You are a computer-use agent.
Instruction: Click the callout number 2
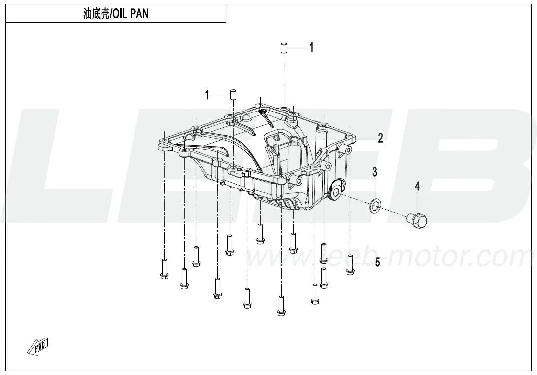pyautogui.click(x=380, y=138)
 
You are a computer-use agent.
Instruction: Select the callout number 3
pyautogui.click(x=375, y=172)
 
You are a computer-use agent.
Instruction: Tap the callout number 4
pyautogui.click(x=417, y=187)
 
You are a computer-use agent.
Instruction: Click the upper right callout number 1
pyautogui.click(x=311, y=47)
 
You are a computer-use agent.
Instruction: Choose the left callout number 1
pyautogui.click(x=207, y=95)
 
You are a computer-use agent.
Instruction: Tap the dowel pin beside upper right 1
pyautogui.click(x=284, y=48)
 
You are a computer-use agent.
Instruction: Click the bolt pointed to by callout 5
pyautogui.click(x=350, y=264)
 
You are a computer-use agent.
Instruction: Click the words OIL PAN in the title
pyautogui.click(x=131, y=14)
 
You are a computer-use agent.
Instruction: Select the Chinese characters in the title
pyautogui.click(x=96, y=14)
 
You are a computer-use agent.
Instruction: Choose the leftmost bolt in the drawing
pyautogui.click(x=165, y=268)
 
